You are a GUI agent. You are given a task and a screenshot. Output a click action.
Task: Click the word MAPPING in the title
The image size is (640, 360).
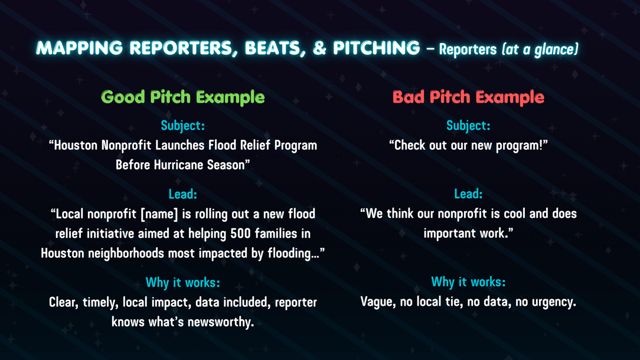(80, 48)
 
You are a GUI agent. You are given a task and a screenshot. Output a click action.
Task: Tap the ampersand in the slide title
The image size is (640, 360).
(319, 48)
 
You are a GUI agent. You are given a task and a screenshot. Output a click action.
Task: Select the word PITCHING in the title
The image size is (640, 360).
(376, 48)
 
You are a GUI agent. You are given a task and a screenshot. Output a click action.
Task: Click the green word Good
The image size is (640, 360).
(123, 97)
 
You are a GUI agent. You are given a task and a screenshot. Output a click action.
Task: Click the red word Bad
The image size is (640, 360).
(408, 97)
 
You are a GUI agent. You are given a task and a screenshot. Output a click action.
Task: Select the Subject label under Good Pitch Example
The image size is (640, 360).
(183, 126)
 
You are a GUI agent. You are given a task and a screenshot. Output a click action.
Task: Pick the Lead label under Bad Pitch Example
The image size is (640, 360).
(468, 194)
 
